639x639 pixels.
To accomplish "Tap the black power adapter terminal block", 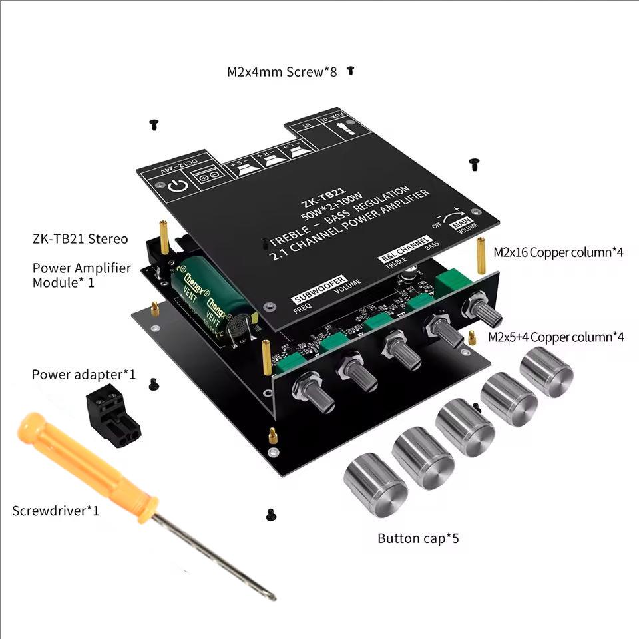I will [113, 417].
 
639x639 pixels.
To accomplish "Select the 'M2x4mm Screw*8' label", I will [282, 72].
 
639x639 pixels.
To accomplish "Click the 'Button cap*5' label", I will [418, 538].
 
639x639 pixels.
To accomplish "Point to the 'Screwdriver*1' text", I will [55, 511].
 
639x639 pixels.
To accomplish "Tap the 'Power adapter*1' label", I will [83, 375].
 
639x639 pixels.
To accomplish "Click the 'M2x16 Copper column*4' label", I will [558, 252].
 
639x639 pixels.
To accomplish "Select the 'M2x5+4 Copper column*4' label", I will [556, 337].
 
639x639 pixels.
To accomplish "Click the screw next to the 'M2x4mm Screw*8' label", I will [350, 70].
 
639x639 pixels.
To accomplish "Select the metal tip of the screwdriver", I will [220, 557].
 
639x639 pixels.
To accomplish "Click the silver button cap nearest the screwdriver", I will [375, 484].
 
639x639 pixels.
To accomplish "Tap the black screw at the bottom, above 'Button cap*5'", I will [270, 513].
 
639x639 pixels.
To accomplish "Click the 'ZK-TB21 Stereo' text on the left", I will [79, 239].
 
